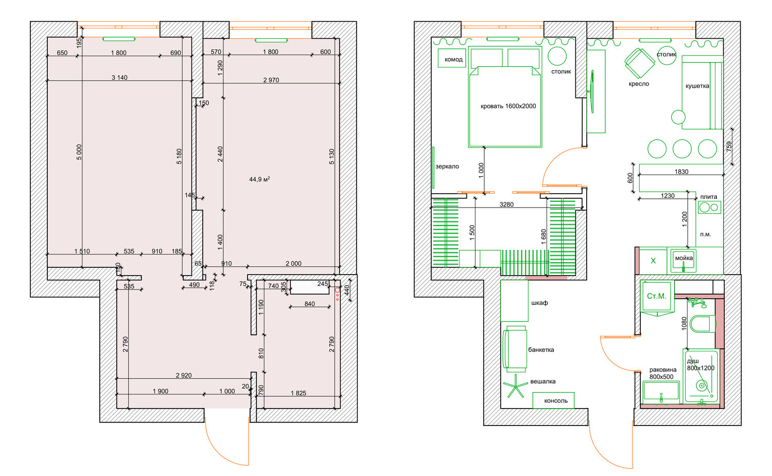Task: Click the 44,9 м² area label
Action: [x=259, y=179]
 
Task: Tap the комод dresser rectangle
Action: [x=452, y=58]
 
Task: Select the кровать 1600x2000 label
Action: [x=508, y=106]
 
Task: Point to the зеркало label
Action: [x=447, y=166]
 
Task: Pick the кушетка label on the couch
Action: [x=697, y=86]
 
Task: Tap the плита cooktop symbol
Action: [x=710, y=207]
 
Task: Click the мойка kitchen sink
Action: [x=684, y=261]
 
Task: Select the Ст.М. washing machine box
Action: [x=657, y=296]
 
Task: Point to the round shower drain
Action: [x=701, y=386]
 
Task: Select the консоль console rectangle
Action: [x=553, y=400]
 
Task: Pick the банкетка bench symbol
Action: [x=515, y=349]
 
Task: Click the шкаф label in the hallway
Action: [x=540, y=303]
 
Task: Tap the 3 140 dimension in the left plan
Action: [x=119, y=78]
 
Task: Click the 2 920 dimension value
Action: [x=184, y=375]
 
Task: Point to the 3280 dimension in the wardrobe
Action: [x=506, y=205]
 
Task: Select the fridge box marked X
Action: [x=653, y=261]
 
